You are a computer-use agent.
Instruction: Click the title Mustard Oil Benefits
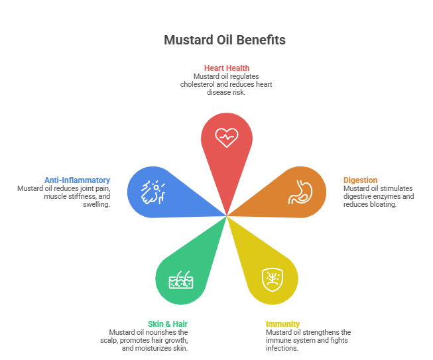point(225,40)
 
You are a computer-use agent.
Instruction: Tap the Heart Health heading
point(227,68)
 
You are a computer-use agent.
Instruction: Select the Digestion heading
point(360,180)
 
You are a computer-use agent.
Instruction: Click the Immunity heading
point(282,324)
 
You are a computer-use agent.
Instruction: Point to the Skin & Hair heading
point(168,324)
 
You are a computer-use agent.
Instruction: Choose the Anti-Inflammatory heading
point(78,180)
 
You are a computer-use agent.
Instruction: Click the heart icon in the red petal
point(227,137)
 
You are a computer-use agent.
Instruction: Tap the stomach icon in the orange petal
point(300,192)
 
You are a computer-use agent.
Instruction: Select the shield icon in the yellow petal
point(273,279)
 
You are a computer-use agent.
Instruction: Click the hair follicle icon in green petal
point(181,280)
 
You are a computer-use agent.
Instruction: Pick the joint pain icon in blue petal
point(153,192)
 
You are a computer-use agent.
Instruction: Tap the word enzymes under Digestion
point(388,196)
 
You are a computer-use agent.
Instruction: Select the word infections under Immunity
point(282,348)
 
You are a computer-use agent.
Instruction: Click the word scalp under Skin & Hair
point(109,340)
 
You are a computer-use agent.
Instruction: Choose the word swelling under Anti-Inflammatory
point(96,204)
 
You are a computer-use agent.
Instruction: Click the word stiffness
point(83,196)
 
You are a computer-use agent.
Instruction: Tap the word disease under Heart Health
point(219,92)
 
